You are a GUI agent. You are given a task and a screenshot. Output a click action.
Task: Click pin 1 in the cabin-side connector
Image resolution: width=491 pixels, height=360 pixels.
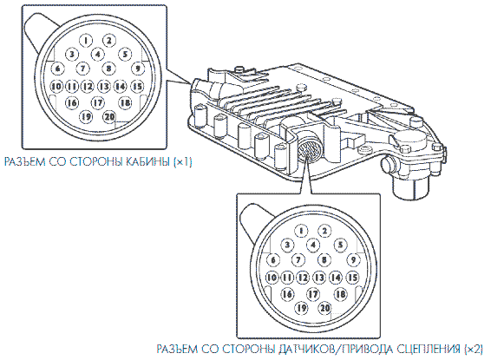click(x=86, y=40)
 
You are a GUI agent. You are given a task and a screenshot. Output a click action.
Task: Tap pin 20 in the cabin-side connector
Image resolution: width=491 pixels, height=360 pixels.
click(x=109, y=117)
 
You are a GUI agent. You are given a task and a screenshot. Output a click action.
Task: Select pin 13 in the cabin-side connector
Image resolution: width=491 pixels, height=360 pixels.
click(x=104, y=86)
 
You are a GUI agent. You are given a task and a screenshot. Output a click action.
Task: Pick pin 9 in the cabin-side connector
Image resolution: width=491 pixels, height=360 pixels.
click(x=137, y=69)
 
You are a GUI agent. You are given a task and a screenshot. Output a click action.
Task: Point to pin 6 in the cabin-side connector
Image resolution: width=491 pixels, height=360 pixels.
click(x=57, y=69)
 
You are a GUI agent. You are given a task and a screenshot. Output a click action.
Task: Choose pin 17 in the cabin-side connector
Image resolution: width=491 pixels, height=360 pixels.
click(x=98, y=102)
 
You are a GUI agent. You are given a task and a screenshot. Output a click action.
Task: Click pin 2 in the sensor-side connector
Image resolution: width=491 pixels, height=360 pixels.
click(x=324, y=231)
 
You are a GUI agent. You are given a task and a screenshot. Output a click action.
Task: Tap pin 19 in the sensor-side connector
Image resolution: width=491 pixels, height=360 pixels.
click(x=302, y=308)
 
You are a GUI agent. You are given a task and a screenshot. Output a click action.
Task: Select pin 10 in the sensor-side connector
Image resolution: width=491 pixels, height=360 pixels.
click(x=272, y=278)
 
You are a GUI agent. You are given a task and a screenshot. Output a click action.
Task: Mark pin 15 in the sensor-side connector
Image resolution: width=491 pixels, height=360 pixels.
click(x=352, y=278)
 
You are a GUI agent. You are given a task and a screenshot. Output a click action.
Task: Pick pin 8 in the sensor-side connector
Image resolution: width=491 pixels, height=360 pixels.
click(x=324, y=259)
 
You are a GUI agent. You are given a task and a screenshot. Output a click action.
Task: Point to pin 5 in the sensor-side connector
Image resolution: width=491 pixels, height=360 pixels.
click(x=340, y=245)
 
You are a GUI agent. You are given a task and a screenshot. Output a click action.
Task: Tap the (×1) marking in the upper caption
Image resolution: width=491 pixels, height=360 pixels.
click(x=182, y=162)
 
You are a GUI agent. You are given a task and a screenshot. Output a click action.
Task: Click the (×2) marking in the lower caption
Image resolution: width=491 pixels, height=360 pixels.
click(x=474, y=349)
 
